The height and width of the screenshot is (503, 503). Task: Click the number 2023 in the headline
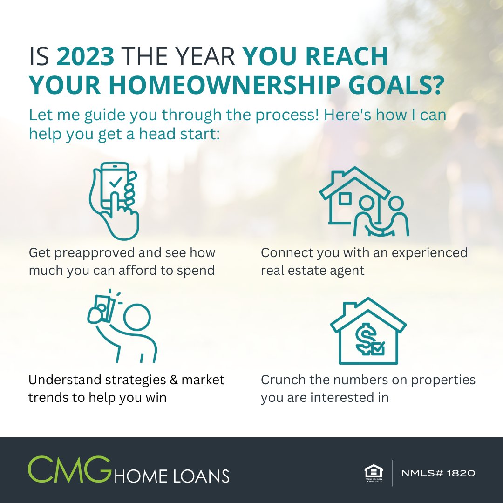pyautogui.click(x=85, y=57)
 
